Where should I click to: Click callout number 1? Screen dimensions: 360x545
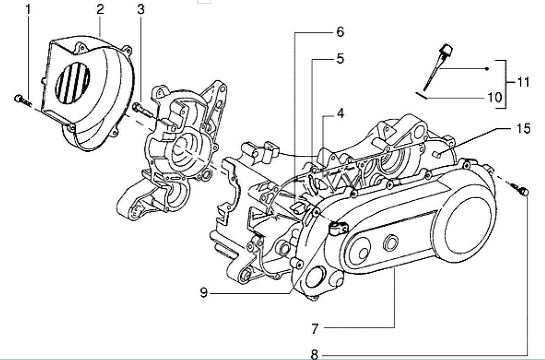coord(28,9)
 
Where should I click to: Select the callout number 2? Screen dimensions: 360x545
coord(100,9)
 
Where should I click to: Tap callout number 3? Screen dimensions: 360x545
coord(140,9)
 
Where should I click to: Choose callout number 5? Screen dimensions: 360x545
coord(340,59)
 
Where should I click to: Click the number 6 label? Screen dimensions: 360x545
coord(340,32)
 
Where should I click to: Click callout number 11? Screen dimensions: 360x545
coord(523,82)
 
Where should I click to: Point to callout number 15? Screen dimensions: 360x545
coord(523,128)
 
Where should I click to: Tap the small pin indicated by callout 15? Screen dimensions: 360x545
coord(438,154)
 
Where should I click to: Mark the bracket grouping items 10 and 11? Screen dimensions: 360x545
coord(505,83)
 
